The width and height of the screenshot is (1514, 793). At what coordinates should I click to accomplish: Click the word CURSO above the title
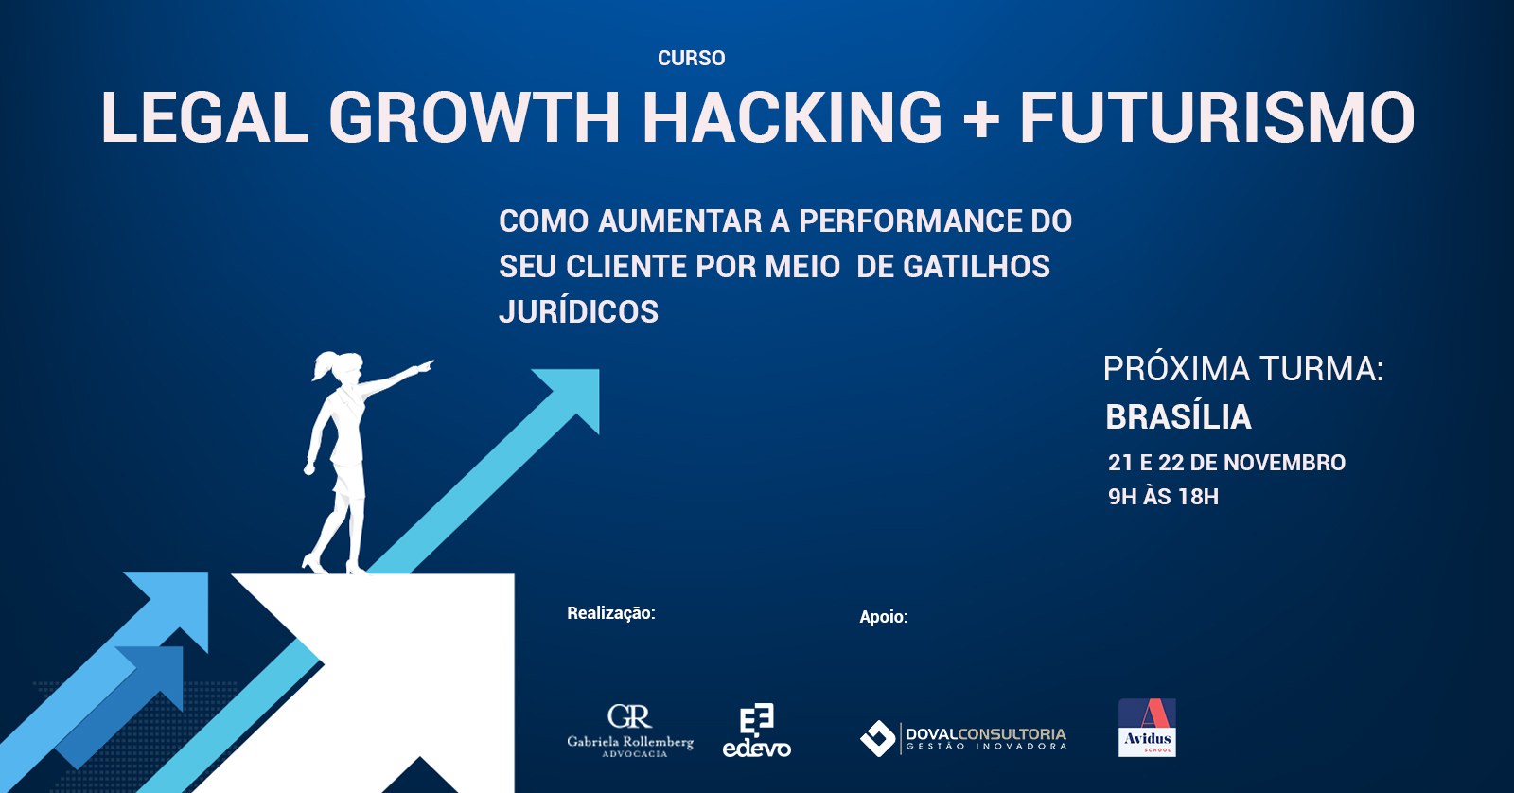(691, 58)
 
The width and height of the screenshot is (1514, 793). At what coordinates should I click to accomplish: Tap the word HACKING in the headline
(791, 117)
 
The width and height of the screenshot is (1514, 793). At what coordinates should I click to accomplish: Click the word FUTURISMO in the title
(1217, 117)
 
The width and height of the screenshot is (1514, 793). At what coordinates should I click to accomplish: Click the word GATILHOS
(977, 266)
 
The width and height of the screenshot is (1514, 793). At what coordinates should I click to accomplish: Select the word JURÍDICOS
(578, 311)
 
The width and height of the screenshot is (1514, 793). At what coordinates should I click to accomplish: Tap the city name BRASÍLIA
(1179, 416)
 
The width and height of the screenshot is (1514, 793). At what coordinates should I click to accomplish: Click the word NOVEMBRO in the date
(1285, 463)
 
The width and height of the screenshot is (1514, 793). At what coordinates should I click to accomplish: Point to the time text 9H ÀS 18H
(1163, 497)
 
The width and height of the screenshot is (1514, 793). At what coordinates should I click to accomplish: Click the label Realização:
(611, 613)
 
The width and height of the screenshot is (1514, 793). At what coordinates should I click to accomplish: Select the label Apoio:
(884, 617)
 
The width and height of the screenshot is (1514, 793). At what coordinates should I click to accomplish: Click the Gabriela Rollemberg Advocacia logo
(630, 731)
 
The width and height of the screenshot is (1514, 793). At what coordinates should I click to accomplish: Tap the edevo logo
(756, 731)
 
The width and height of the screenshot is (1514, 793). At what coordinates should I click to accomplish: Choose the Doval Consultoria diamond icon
(877, 738)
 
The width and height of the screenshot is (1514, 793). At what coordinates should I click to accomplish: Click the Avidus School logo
(1147, 728)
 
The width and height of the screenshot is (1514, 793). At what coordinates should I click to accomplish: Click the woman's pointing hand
(425, 366)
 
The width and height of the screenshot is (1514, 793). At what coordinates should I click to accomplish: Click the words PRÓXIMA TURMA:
(1243, 369)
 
